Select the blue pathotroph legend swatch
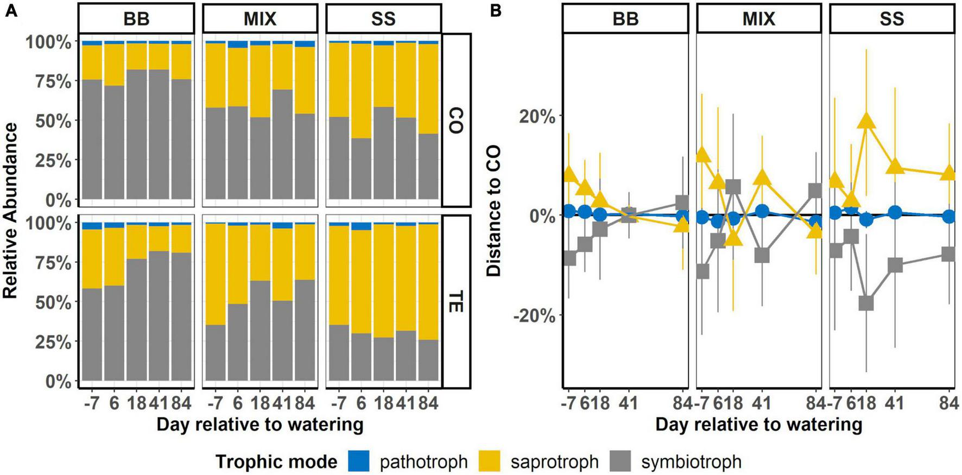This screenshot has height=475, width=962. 357,461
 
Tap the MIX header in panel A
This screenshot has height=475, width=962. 260,19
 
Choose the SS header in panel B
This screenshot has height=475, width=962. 891,19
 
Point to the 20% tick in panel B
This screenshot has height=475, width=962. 537,117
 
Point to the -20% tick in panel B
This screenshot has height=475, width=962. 534,316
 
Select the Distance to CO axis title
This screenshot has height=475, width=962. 493,211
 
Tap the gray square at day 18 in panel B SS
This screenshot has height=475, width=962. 866,303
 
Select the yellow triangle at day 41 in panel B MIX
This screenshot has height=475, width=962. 762,177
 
